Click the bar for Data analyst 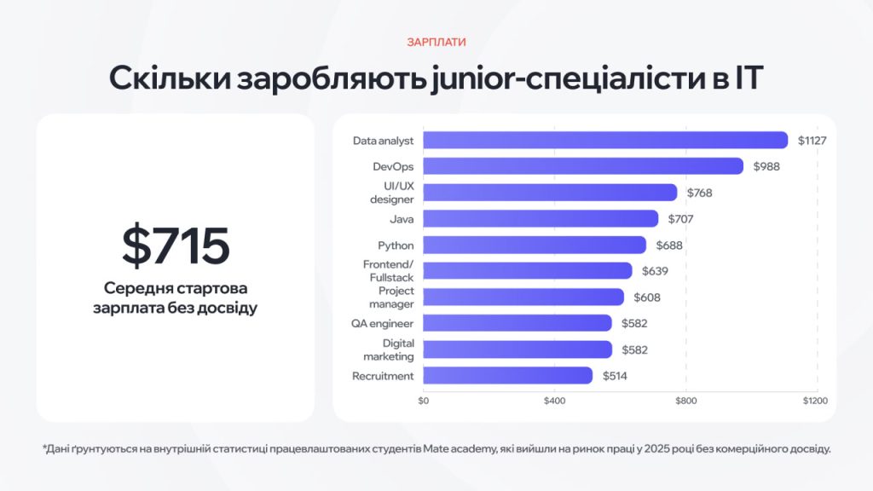pos(605,140)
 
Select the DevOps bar pos(583,166)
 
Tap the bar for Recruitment pos(507,376)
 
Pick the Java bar pos(541,219)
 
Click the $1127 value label pos(812,140)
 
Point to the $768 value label pos(697,193)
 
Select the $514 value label pos(616,376)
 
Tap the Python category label pos(396,245)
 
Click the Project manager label pos(391,297)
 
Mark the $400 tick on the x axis pos(554,400)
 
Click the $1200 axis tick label pos(815,400)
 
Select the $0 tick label pos(424,400)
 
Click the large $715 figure pos(175,245)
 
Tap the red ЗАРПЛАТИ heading pos(436,42)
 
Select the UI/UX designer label pos(391,193)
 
